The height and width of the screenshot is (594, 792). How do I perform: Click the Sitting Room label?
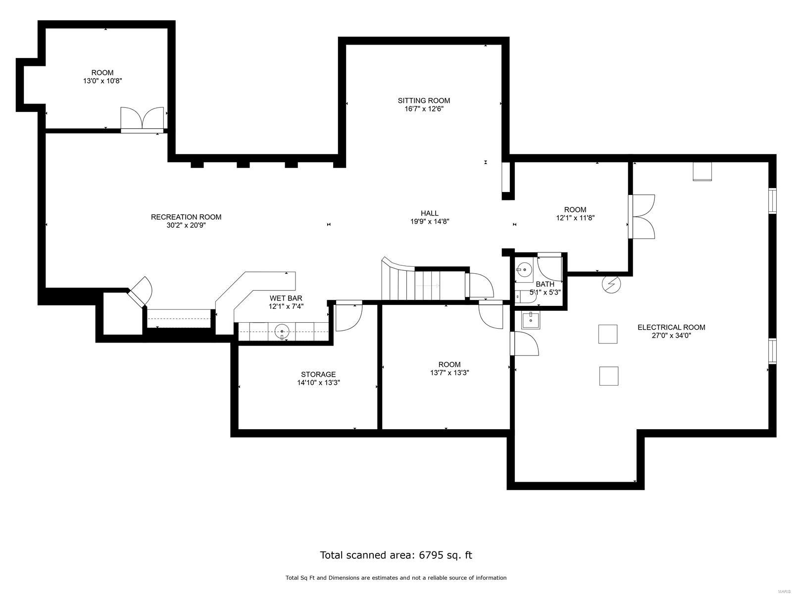click(x=424, y=100)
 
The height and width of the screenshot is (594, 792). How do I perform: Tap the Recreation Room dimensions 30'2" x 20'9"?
click(x=186, y=225)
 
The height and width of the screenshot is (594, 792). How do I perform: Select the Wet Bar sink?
click(x=282, y=331)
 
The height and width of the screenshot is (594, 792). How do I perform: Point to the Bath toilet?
click(x=518, y=296)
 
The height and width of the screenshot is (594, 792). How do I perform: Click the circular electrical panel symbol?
click(x=611, y=284)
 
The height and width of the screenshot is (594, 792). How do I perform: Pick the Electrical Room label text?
click(x=671, y=327)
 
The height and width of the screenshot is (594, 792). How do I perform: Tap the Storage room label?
click(x=318, y=374)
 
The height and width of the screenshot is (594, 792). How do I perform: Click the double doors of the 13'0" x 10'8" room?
click(x=142, y=119)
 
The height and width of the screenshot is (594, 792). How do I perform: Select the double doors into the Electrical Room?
click(x=643, y=216)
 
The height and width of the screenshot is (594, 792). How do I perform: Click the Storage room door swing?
click(x=348, y=317)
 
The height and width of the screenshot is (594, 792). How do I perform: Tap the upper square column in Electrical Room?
click(x=608, y=334)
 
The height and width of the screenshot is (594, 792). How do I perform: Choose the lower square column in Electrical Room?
click(x=608, y=376)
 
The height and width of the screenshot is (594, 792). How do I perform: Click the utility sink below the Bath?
click(x=531, y=320)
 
